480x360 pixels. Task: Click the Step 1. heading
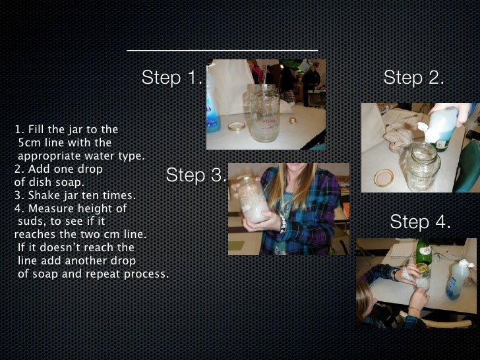tap(172, 77)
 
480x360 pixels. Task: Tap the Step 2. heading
tap(413, 77)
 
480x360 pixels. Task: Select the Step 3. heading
tap(196, 175)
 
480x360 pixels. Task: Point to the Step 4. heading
tap(420, 222)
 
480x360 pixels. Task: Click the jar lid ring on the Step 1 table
tap(237, 127)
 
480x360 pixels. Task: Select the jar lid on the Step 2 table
tap(384, 178)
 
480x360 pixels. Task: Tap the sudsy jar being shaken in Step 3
tap(253, 199)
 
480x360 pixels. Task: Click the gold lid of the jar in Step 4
tap(422, 268)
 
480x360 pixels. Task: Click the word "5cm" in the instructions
tap(30, 142)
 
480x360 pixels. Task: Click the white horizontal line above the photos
tap(222, 50)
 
